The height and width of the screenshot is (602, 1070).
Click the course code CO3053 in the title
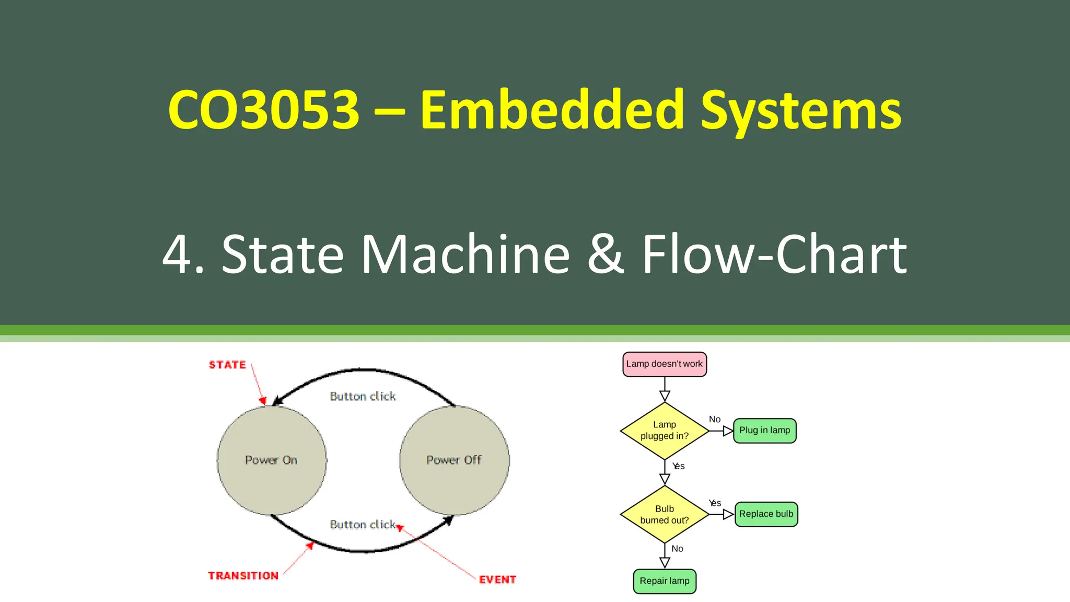[264, 110]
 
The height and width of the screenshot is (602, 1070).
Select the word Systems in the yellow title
[800, 111]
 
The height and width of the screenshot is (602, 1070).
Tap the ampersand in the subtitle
[606, 254]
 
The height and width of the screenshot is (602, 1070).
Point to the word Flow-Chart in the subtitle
[774, 254]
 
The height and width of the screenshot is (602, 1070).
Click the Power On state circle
[272, 460]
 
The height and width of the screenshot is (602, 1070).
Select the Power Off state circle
[454, 460]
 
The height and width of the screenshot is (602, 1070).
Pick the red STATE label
[227, 365]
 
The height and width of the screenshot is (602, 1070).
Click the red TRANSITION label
[243, 575]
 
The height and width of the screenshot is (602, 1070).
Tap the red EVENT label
[497, 579]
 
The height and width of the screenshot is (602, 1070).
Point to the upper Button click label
[363, 396]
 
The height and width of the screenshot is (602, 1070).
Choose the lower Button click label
[363, 524]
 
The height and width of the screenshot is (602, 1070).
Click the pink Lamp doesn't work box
[665, 364]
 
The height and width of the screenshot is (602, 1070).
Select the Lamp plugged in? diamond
[665, 431]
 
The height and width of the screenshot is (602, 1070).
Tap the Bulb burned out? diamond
[665, 514]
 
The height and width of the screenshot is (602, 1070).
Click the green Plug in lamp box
[765, 431]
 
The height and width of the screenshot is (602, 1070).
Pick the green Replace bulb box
[766, 514]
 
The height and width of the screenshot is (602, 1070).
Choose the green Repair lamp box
[665, 581]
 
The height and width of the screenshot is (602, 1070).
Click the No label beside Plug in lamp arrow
[715, 419]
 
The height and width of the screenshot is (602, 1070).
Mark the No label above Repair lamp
[677, 548]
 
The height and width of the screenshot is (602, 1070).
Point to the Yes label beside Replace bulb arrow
[715, 503]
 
